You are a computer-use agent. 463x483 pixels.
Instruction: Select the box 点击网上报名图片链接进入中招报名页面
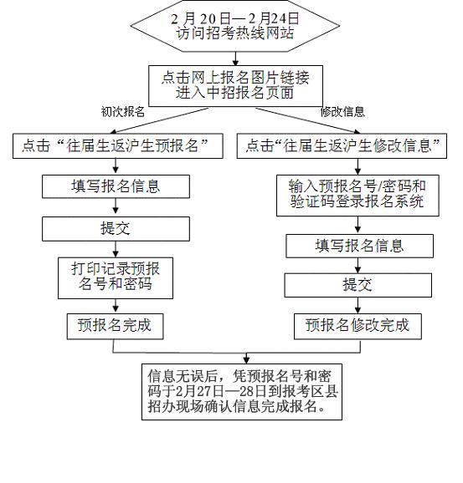tap(234, 85)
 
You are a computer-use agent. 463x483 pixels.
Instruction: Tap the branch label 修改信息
tap(342, 111)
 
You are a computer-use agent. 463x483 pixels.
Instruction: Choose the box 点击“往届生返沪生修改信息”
tap(342, 146)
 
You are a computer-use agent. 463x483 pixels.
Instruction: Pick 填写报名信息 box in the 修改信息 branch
tap(359, 246)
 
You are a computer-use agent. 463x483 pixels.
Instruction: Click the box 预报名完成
tap(115, 325)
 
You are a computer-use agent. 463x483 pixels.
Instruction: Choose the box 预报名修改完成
tap(358, 325)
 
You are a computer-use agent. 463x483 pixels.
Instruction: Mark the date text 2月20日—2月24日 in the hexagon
tap(234, 18)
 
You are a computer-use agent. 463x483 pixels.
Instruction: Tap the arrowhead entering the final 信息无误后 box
tap(245, 358)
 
